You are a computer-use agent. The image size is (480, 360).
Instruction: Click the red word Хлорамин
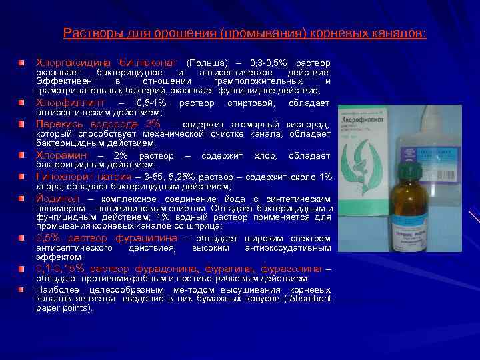pyautogui.click(x=58, y=155)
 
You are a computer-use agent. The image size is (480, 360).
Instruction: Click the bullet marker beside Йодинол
pyautogui.click(x=23, y=198)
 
